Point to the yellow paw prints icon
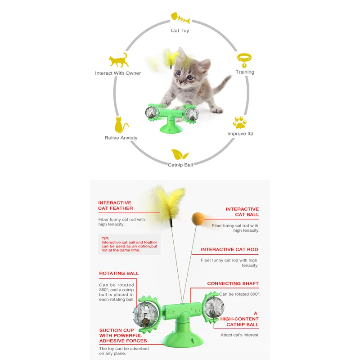239,122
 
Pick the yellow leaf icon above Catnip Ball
180,155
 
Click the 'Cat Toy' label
180,31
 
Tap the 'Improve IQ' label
240,134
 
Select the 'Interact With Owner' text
118,73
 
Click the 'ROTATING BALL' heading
119,273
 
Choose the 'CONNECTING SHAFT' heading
233,283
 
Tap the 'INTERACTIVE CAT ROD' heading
229,249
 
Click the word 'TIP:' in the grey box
106,238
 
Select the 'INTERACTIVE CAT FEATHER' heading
116,206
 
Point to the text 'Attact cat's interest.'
239,335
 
